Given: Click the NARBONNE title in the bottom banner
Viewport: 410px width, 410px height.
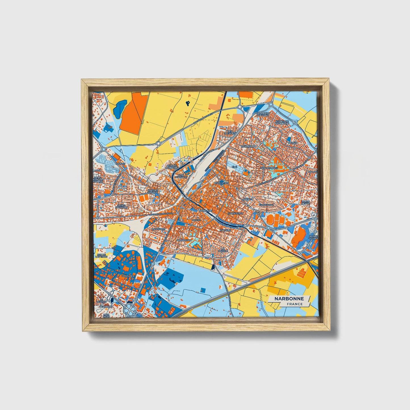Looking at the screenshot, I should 289,298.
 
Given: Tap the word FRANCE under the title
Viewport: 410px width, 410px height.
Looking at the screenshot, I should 294,304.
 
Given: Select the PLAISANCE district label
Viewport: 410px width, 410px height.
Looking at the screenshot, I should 128,276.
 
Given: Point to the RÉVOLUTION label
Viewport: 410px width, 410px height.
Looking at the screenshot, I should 221,183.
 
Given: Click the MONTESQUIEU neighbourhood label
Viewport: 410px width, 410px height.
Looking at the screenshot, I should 269,168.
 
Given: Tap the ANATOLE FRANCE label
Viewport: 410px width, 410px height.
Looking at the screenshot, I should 153,191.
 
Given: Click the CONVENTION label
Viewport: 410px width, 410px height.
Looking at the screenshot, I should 235,213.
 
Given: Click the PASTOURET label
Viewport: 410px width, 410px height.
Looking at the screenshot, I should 158,229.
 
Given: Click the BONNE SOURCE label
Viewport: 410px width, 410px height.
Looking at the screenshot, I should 314,237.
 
